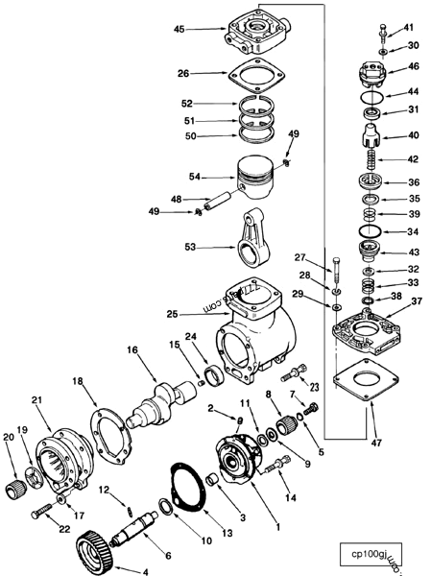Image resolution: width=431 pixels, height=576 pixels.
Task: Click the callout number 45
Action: click(x=178, y=30)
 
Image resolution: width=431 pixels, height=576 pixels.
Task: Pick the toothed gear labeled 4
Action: click(x=90, y=548)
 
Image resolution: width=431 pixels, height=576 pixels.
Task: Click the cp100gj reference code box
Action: click(x=377, y=554)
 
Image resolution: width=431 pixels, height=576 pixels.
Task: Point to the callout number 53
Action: click(x=189, y=248)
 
